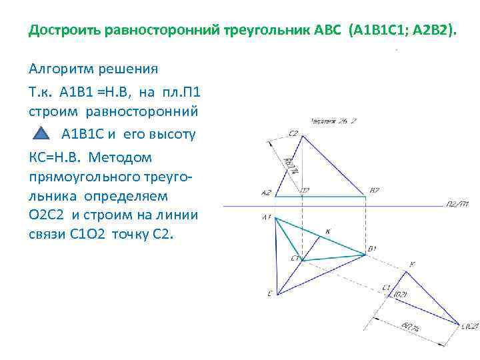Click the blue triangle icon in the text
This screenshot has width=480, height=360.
pyautogui.click(x=41, y=133)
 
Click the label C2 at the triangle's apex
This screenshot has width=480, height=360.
pyautogui.click(x=293, y=133)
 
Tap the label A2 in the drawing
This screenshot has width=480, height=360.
pyautogui.click(x=266, y=193)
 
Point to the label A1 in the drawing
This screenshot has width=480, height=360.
pyautogui.click(x=266, y=217)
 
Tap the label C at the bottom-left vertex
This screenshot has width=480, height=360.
pyautogui.click(x=269, y=293)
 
